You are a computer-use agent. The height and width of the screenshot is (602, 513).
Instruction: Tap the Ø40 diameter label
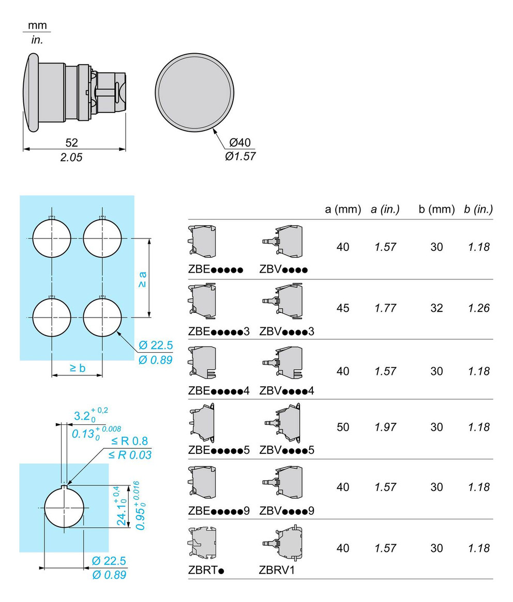coord(240,143)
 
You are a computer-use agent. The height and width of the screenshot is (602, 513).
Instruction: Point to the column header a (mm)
coord(343,209)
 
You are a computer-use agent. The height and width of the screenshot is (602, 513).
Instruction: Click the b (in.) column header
coord(478,209)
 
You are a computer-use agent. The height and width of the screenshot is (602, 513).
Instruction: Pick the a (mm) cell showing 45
coord(343,308)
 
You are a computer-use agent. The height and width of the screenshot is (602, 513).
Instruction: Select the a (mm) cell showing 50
coord(343,427)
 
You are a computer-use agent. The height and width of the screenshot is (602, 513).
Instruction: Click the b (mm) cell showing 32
coord(436,308)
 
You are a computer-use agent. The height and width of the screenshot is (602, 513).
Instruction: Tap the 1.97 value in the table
coord(385,427)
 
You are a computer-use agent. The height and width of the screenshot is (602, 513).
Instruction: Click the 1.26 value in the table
coord(478,308)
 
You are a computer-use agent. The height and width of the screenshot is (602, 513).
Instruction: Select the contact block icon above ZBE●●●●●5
coord(202,422)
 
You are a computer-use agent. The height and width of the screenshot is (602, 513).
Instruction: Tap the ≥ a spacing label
coord(143,279)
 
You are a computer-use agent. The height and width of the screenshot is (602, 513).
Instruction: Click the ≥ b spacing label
coord(77,368)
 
